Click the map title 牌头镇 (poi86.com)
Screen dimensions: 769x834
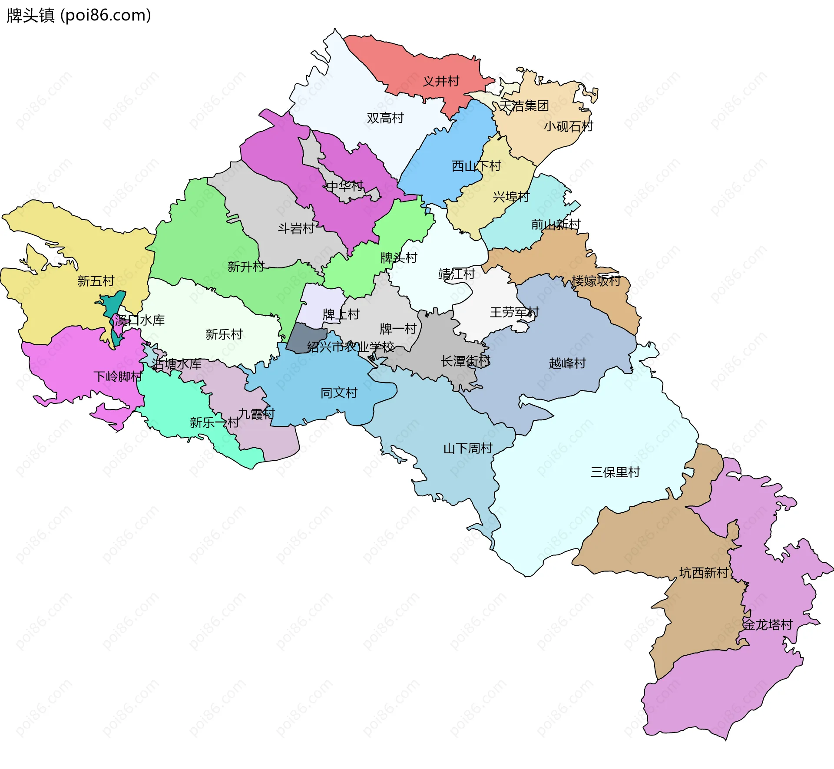coord(79,15)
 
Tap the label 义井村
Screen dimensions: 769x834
coord(441,81)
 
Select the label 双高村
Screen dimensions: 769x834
coord(385,118)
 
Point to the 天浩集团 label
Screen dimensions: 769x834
coord(524,106)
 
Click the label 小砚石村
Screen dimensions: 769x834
coord(568,126)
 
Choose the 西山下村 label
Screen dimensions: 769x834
coord(476,166)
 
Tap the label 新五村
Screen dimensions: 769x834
coord(96,281)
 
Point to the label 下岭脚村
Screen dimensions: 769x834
coord(118,376)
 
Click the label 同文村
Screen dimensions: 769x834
coord(339,393)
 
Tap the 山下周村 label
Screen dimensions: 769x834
coord(468,448)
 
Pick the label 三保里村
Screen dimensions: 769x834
coord(615,472)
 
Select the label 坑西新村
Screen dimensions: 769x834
coord(704,573)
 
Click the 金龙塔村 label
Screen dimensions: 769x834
coord(768,624)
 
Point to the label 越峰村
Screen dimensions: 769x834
coord(567,363)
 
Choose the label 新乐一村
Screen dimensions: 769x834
coord(214,422)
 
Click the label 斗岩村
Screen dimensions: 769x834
coord(296,228)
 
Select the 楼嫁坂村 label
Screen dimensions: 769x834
coord(596,281)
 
